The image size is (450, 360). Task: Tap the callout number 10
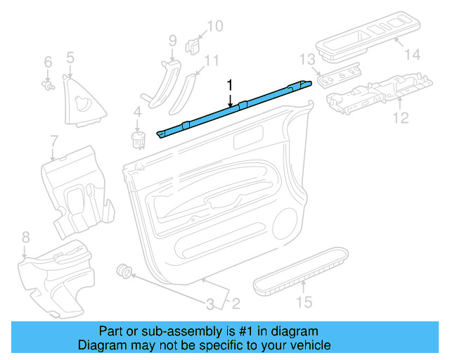214,27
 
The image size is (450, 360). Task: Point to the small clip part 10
191,46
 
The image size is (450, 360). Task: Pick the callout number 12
399,117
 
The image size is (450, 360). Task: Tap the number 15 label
303,303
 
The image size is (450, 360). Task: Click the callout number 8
25,236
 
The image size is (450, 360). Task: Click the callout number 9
172,41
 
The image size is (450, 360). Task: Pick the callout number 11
212,60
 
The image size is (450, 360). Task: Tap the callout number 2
236,304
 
